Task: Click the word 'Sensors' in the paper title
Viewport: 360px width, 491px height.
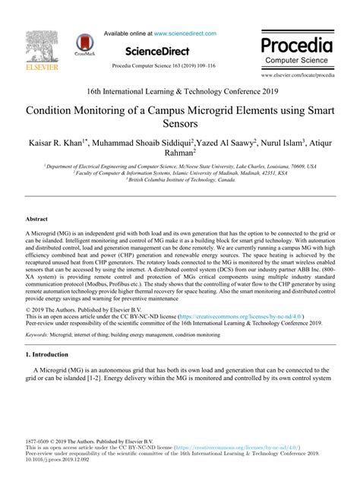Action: (179, 123)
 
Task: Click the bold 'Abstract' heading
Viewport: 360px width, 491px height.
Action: (36, 217)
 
